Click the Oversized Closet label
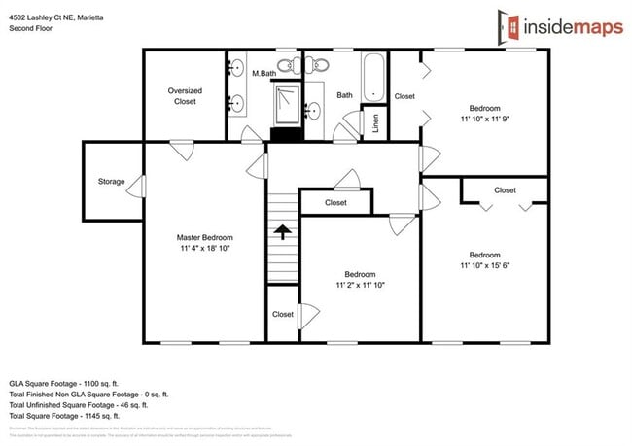[x=185, y=95]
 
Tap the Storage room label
[x=111, y=182]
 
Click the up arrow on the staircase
[x=282, y=232]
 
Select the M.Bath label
[x=264, y=74]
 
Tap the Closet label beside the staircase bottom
[x=283, y=315]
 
